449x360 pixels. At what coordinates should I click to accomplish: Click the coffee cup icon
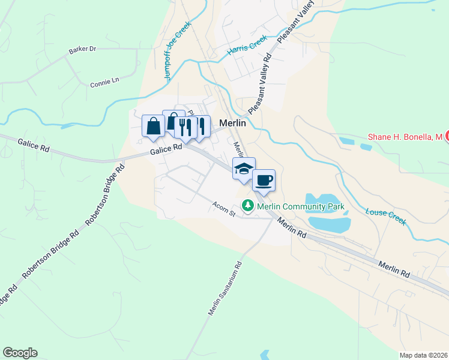[263, 180]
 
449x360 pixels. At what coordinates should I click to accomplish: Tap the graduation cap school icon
[244, 169]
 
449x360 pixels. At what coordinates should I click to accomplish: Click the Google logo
[20, 353]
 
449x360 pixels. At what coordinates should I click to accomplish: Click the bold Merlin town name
[233, 123]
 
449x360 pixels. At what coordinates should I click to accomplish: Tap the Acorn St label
[223, 206]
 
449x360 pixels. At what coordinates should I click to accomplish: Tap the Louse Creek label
[386, 216]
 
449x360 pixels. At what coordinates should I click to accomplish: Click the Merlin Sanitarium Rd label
[224, 288]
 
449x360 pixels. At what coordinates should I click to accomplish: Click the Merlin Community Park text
[301, 206]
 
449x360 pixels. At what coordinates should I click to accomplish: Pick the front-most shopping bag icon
[153, 126]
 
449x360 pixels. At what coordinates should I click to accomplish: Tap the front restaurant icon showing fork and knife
[185, 127]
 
